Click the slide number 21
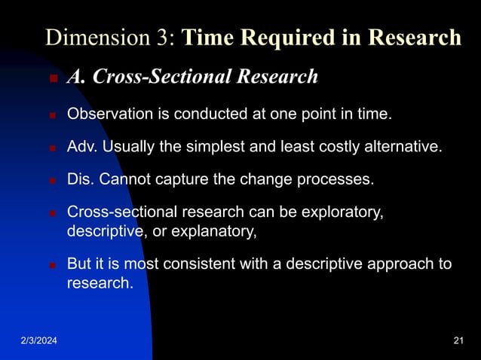tap(458, 343)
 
